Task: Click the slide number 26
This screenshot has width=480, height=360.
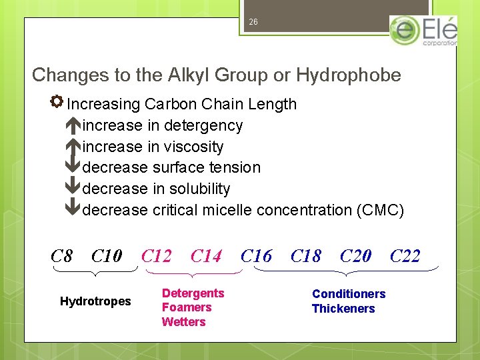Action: click(x=253, y=22)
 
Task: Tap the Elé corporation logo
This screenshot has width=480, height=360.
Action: click(x=423, y=31)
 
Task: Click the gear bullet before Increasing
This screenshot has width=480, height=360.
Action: click(x=57, y=102)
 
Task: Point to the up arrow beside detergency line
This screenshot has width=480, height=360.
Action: click(x=73, y=125)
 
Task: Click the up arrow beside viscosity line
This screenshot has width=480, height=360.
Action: click(x=73, y=147)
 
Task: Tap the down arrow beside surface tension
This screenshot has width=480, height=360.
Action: click(x=73, y=167)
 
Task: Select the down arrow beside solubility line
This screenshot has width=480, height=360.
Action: click(x=73, y=189)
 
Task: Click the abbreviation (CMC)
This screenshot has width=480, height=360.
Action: click(x=380, y=210)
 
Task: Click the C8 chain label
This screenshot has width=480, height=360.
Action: click(x=62, y=256)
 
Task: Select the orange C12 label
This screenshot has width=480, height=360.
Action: click(x=157, y=256)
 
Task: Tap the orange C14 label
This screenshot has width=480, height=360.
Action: click(x=206, y=256)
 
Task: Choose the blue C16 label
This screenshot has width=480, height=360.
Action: click(x=256, y=256)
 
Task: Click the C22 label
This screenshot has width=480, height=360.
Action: click(x=405, y=256)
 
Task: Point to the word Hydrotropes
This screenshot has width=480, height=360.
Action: click(x=95, y=301)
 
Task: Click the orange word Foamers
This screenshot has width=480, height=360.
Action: click(x=187, y=307)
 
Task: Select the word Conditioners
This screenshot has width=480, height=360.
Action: click(x=349, y=294)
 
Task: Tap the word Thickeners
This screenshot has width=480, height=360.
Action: click(x=343, y=309)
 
